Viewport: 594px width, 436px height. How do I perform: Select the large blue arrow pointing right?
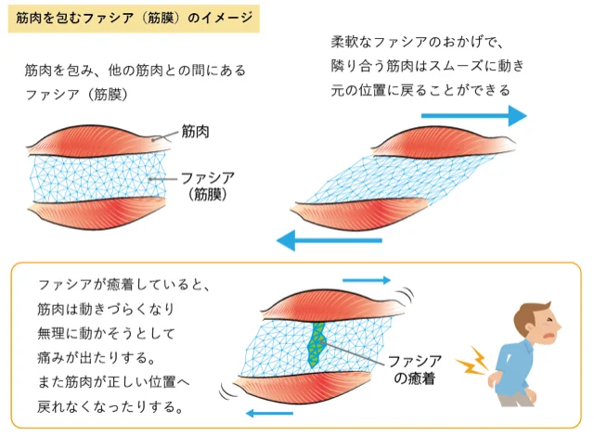[x=473, y=116]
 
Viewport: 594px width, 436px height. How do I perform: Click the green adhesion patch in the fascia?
[x=319, y=344]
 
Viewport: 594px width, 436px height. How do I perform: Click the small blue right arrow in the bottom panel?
[x=367, y=279]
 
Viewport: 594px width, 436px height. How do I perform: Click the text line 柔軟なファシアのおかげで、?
[x=416, y=42]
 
